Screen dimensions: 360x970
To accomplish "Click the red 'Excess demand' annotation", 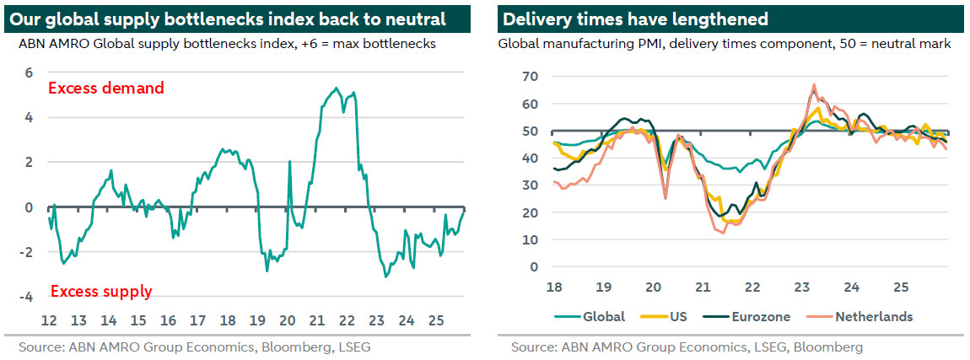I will pos(106,88).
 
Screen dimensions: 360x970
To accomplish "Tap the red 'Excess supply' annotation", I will pos(101,292).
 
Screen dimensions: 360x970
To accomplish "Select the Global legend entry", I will pos(590,317).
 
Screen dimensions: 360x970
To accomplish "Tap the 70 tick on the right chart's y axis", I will pos(530,77).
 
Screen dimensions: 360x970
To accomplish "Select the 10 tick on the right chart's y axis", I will pos(530,239).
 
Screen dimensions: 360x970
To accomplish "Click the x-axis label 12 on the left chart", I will pos(48,320).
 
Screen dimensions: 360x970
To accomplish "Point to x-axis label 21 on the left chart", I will pos(316,320).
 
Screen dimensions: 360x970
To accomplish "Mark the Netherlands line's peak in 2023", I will pos(814,84).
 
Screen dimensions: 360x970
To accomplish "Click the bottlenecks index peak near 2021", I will pos(336,88).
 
